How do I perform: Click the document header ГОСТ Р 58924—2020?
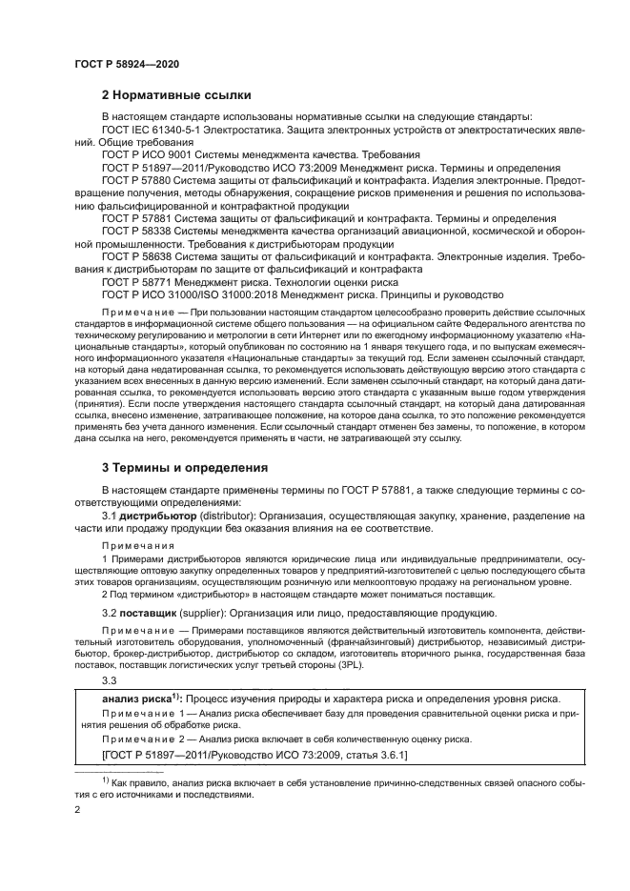tap(126, 64)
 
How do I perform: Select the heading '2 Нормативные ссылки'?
tap(176, 95)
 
